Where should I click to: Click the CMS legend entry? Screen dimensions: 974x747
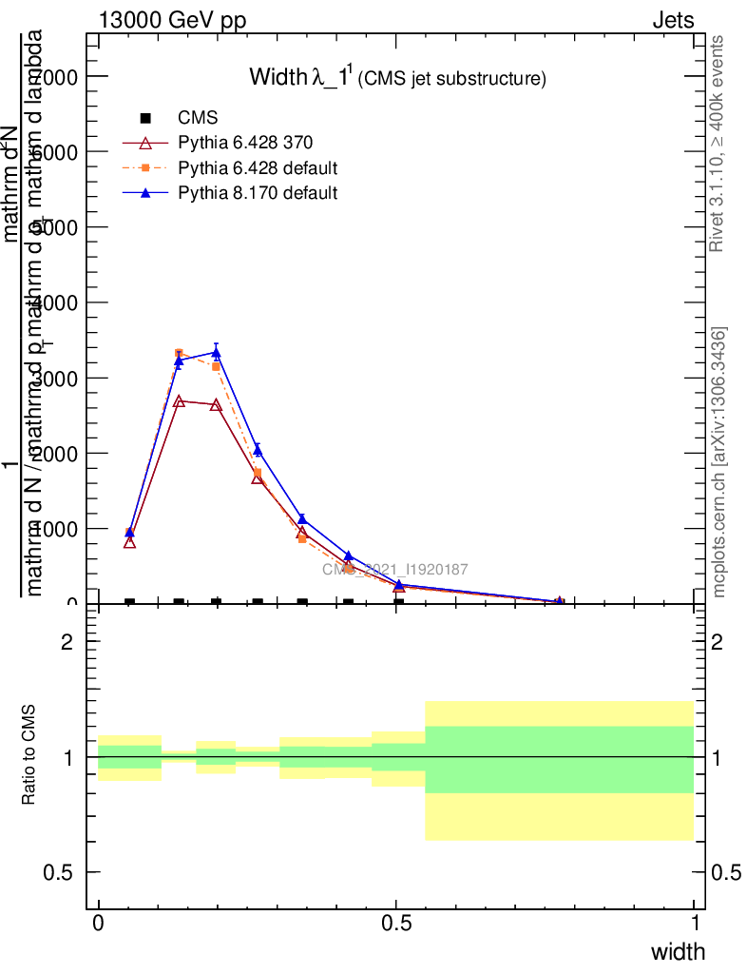coord(199,118)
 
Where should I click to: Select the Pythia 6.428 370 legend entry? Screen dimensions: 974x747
coord(244,143)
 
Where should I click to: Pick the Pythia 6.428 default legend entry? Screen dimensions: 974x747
coord(258,168)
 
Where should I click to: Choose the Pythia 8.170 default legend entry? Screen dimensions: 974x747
coord(257,193)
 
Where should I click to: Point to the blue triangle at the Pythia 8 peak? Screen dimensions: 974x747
coord(217,352)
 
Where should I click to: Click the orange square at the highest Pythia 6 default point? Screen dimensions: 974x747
coord(179,354)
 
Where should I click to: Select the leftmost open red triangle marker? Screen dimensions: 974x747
coord(129,542)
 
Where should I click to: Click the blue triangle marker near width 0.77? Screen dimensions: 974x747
coord(559,601)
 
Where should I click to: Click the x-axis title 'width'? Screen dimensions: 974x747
coord(678,952)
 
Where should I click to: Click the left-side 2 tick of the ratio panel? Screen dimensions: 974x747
coord(67,642)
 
